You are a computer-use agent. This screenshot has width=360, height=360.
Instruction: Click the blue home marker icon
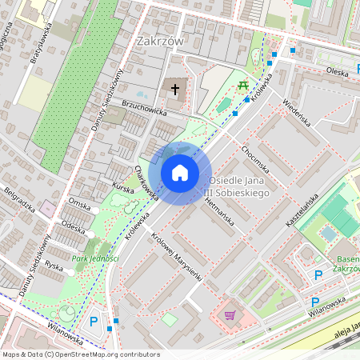(180, 173)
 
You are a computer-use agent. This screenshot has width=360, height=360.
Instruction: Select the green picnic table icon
(242, 83)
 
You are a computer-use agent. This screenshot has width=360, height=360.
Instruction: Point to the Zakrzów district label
(160, 42)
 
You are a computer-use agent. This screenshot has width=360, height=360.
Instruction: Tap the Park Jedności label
(95, 258)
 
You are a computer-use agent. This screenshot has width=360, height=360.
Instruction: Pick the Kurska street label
(122, 187)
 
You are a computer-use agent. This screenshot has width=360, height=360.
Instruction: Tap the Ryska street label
(54, 265)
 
